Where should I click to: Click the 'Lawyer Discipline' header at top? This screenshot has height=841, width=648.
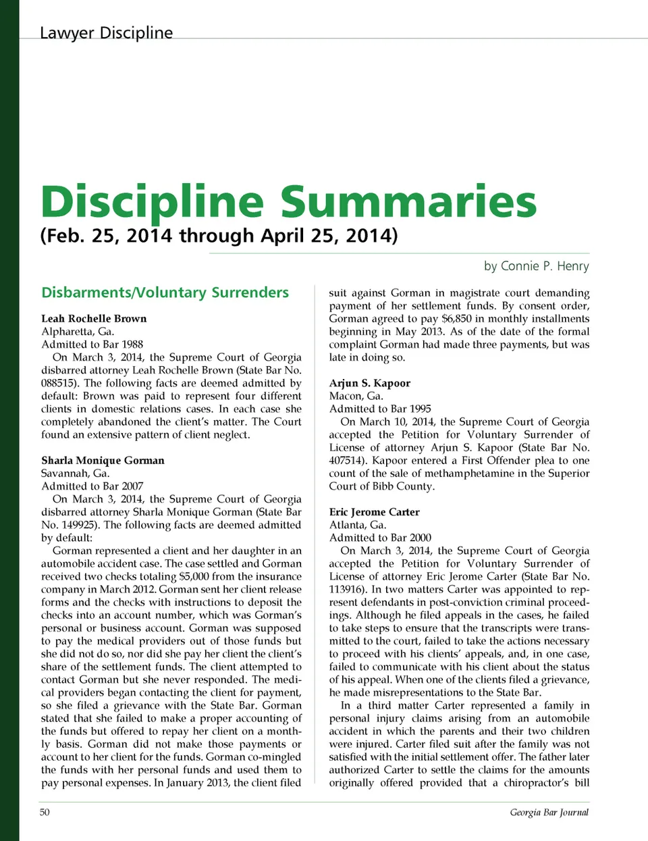coord(106,32)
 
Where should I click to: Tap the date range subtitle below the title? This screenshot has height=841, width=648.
coord(219,236)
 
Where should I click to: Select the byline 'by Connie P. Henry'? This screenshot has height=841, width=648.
coord(536,266)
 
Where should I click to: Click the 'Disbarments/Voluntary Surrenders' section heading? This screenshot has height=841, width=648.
coord(165,292)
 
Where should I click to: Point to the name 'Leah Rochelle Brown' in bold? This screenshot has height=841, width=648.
coord(94,318)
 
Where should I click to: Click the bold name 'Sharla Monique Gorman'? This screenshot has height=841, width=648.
coord(103,460)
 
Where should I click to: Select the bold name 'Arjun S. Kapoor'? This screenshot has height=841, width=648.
coord(369,383)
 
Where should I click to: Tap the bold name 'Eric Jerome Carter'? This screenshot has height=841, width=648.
coord(374,512)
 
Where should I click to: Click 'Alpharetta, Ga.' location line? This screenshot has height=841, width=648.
coord(78,331)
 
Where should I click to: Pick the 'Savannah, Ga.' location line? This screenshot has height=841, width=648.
coord(75,473)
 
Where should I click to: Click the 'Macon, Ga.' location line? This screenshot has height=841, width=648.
coord(356,396)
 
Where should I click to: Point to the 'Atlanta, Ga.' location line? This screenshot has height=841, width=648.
coord(358,525)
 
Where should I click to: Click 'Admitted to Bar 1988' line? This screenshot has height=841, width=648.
coord(92,344)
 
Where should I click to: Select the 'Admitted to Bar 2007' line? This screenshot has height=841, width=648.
coord(92,486)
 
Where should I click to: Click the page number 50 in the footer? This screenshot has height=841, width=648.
coord(45,812)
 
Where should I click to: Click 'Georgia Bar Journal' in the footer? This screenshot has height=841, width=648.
coord(549,812)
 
